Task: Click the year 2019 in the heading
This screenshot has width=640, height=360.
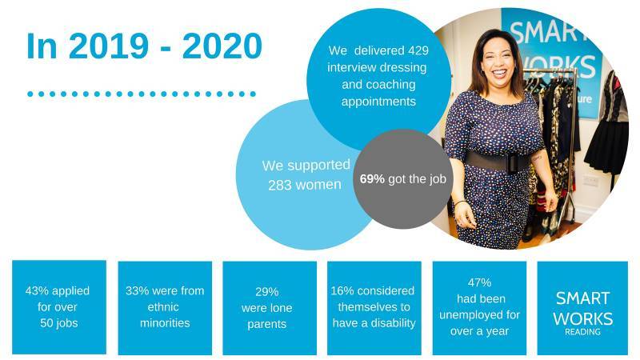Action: pyautogui.click(x=108, y=46)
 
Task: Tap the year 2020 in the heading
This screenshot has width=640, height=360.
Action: pyautogui.click(x=222, y=46)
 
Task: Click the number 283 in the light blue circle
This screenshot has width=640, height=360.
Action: pyautogui.click(x=280, y=185)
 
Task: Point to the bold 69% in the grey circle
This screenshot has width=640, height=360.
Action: pyautogui.click(x=372, y=178)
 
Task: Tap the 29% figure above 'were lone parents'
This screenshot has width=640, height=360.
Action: pyautogui.click(x=267, y=292)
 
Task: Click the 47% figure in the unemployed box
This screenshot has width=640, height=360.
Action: pyautogui.click(x=479, y=282)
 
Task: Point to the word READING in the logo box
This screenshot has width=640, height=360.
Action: pyautogui.click(x=582, y=332)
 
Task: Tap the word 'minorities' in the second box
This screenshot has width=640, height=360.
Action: pyautogui.click(x=165, y=323)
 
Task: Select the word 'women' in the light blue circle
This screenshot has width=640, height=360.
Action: pyautogui.click(x=318, y=185)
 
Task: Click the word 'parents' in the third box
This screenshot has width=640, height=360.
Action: pyautogui.click(x=267, y=325)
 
